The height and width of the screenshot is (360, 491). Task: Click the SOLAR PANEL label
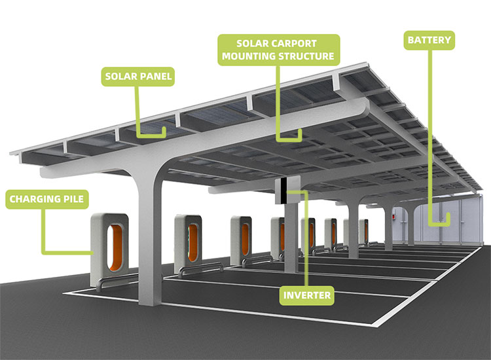pyautogui.click(x=138, y=77)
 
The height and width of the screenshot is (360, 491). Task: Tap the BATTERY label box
pyautogui.click(x=429, y=41)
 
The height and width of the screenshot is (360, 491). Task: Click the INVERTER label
pyautogui.click(x=307, y=296)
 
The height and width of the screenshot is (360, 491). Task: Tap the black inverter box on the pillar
pyautogui.click(x=283, y=190)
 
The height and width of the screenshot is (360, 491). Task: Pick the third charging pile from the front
pyautogui.click(x=242, y=236)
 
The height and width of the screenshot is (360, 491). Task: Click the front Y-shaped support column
pyautogui.click(x=149, y=236)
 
